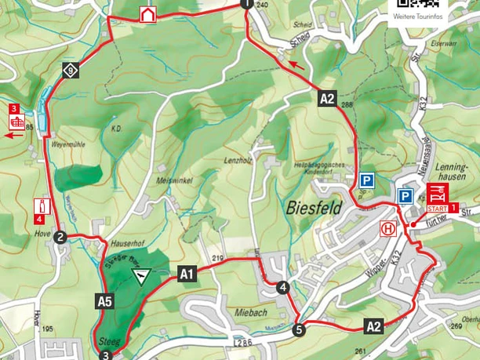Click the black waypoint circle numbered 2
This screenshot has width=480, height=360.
pos(60,237)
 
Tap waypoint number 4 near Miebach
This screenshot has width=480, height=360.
pos(282,288)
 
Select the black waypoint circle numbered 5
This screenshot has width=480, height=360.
pos(299,329)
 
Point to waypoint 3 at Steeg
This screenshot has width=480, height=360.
pos(105,355)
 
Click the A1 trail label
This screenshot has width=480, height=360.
pos(186,274)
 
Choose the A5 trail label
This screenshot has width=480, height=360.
pos(104,300)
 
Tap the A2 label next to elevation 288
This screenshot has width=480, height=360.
pos(328,99)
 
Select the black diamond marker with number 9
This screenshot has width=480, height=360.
pos(71,71)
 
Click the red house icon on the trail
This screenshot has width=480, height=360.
pos(147,14)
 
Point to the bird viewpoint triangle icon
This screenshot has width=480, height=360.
pos(141,275)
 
